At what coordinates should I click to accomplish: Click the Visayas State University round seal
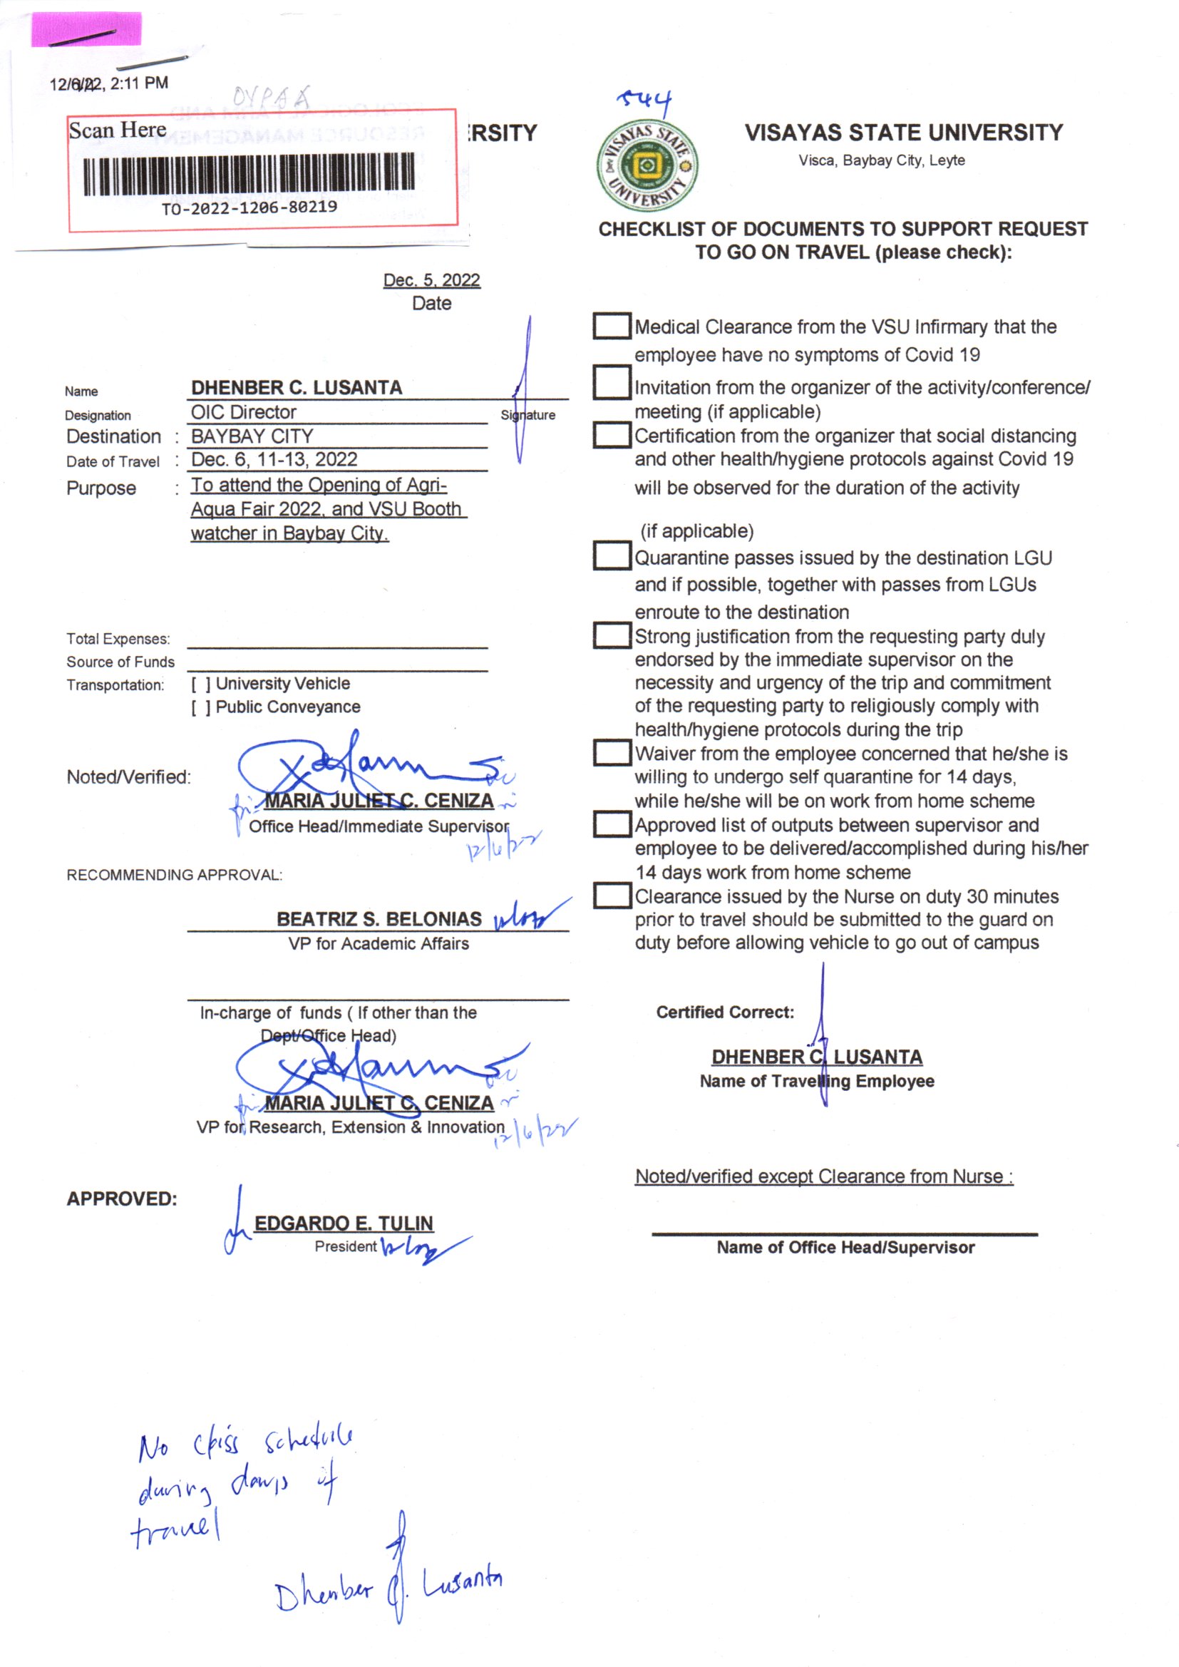pyautogui.click(x=646, y=165)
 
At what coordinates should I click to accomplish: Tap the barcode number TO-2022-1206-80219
pyautogui.click(x=249, y=207)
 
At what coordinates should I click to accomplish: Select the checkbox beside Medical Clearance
pyautogui.click(x=612, y=326)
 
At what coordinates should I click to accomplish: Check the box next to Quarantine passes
pyautogui.click(x=612, y=555)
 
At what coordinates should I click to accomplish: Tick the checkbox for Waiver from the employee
pyautogui.click(x=612, y=752)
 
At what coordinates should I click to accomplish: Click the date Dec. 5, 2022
pyautogui.click(x=431, y=280)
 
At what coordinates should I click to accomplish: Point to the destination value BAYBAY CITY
pyautogui.click(x=252, y=436)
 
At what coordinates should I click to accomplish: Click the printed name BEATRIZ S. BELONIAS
pyautogui.click(x=379, y=919)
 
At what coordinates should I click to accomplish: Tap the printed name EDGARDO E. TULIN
pyautogui.click(x=344, y=1224)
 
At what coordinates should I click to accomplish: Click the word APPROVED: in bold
pyautogui.click(x=122, y=1199)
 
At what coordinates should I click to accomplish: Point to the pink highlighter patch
pyautogui.click(x=86, y=30)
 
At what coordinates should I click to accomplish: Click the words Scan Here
pyautogui.click(x=118, y=130)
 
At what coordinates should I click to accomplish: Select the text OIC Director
pyautogui.click(x=243, y=412)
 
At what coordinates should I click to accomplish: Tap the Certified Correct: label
pyautogui.click(x=724, y=1012)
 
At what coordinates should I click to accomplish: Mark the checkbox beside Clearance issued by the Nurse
pyautogui.click(x=612, y=896)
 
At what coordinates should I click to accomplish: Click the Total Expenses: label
pyautogui.click(x=118, y=639)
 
